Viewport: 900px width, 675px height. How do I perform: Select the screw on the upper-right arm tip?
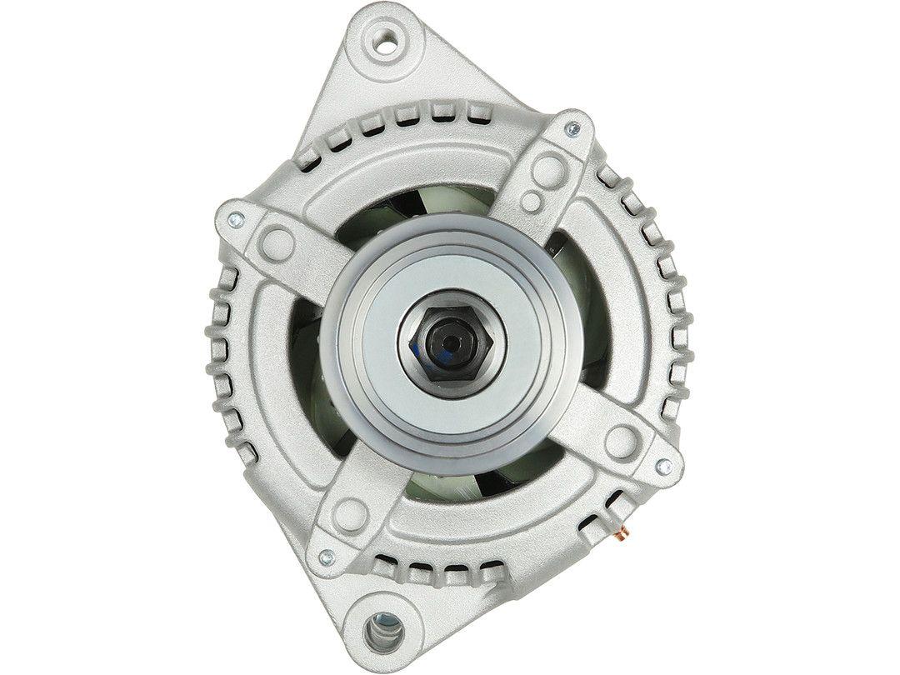tap(572, 129)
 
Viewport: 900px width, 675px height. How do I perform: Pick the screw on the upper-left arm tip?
tap(235, 219)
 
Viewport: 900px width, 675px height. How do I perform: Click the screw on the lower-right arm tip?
tap(664, 467)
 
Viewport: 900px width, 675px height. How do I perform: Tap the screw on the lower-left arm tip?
tap(327, 557)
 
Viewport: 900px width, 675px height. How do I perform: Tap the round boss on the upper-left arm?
tap(277, 242)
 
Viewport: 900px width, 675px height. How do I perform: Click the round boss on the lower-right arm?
tap(621, 442)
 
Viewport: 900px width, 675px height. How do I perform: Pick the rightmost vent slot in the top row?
tap(476, 112)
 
